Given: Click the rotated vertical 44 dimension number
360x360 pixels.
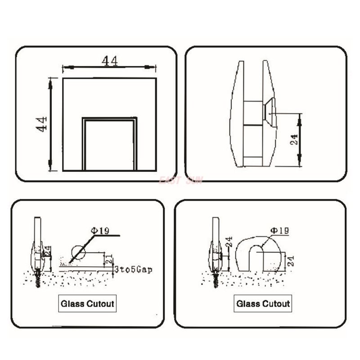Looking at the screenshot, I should coord(42,123).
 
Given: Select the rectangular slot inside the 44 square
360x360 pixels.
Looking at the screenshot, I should coord(109,144).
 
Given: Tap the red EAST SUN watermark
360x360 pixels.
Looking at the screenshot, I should coord(181,180).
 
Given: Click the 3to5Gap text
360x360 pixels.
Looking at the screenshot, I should coord(134,270).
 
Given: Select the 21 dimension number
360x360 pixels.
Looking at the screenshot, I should coord(108,258).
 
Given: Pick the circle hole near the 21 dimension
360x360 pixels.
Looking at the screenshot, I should coord(78,252).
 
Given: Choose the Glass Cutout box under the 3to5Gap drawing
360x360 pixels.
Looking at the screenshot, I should coord(87,304).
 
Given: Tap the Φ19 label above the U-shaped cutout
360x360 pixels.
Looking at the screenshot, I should coord(279,230).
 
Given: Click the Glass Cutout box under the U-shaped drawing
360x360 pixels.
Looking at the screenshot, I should coord(263,304).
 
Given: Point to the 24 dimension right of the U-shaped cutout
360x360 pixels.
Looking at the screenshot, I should coord(290,261).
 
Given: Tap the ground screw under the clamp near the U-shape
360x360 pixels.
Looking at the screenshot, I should coord(216,278).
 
